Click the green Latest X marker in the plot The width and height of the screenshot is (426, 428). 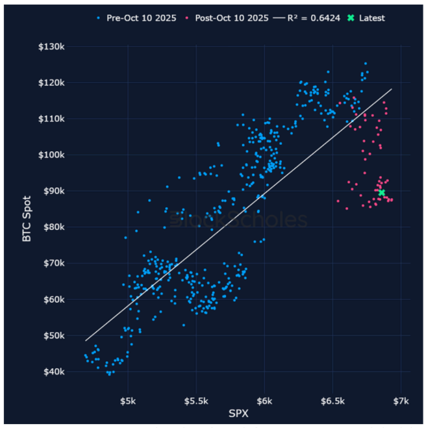(x=382, y=192)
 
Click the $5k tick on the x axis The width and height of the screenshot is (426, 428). (x=128, y=399)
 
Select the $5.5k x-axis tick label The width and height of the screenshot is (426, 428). (x=195, y=399)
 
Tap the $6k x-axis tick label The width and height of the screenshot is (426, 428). (x=264, y=399)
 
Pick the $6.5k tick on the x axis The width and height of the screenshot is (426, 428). (x=332, y=399)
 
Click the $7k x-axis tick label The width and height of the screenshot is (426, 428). (x=401, y=399)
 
